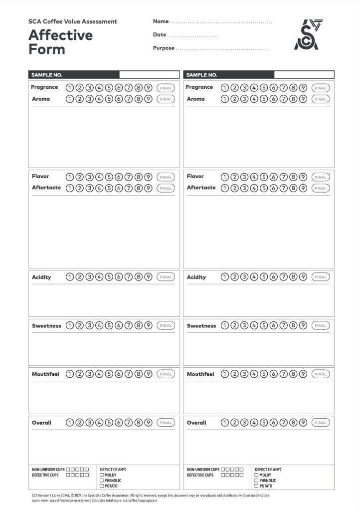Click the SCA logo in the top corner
[x=309, y=35]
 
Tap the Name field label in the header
[x=161, y=21]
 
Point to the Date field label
[x=160, y=35]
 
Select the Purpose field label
[x=164, y=48]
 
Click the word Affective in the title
[x=60, y=35]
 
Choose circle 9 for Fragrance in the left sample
[x=148, y=88]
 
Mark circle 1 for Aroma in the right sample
[x=224, y=99]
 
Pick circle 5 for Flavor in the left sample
[x=109, y=177]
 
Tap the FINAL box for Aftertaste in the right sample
[x=321, y=188]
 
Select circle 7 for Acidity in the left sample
[x=129, y=277]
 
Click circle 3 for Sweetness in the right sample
[x=244, y=326]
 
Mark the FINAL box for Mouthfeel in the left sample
[x=166, y=374]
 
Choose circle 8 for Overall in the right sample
[x=293, y=423]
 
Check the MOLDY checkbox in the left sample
[x=102, y=475]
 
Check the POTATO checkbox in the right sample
[x=256, y=486]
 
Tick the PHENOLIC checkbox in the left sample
[x=102, y=481]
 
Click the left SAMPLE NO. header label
[x=47, y=75]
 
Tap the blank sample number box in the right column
[x=304, y=75]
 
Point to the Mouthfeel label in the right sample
[x=200, y=374]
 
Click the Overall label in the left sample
[x=41, y=423]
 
